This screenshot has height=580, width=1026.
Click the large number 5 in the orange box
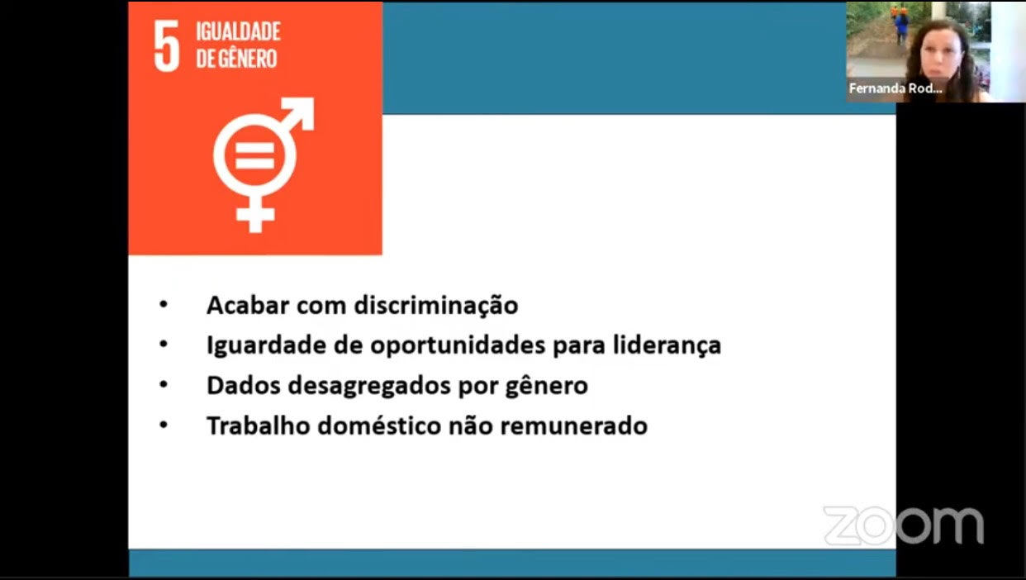[x=166, y=46]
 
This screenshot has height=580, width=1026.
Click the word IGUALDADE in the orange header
[x=238, y=31]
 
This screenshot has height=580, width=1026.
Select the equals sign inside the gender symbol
[x=254, y=156]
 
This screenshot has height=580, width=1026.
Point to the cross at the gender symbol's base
[x=255, y=216]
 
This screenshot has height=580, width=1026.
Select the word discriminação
[x=436, y=306]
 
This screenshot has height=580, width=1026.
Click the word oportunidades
[x=458, y=346]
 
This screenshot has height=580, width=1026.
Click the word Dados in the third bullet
[x=243, y=385]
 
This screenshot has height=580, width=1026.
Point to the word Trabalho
[x=258, y=425]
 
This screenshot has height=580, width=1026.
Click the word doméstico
[x=379, y=425]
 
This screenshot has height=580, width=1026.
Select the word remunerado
[x=574, y=426]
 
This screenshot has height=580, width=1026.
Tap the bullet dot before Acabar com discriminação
[x=163, y=305]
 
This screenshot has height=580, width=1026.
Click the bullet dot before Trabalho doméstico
[x=163, y=425]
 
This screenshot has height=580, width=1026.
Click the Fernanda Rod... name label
[x=895, y=88]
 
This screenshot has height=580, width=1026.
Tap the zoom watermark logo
[x=904, y=526]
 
